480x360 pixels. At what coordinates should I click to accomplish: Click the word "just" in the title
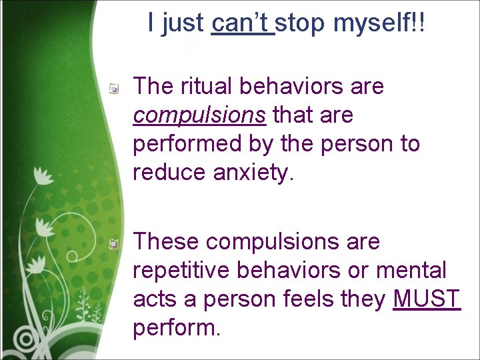pyautogui.click(x=183, y=24)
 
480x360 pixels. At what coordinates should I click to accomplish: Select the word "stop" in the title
pyautogui.click(x=301, y=24)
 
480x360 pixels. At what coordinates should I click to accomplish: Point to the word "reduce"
pyautogui.click(x=169, y=173)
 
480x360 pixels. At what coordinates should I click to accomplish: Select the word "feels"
pyautogui.click(x=309, y=299)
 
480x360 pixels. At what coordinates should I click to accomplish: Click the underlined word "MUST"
pyautogui.click(x=427, y=299)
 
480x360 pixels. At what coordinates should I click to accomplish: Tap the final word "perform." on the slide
pyautogui.click(x=177, y=329)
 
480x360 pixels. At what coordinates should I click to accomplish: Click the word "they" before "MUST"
pyautogui.click(x=365, y=299)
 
